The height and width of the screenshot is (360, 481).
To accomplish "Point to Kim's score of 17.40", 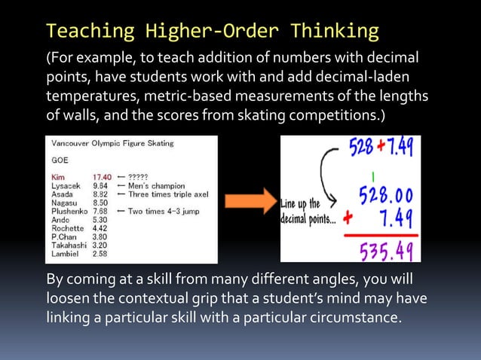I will point(102,177).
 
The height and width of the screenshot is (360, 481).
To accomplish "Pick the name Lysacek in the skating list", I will point(66,185).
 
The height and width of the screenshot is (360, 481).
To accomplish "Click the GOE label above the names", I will point(60,160).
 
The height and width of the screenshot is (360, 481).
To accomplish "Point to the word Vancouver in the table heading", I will point(69,143).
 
